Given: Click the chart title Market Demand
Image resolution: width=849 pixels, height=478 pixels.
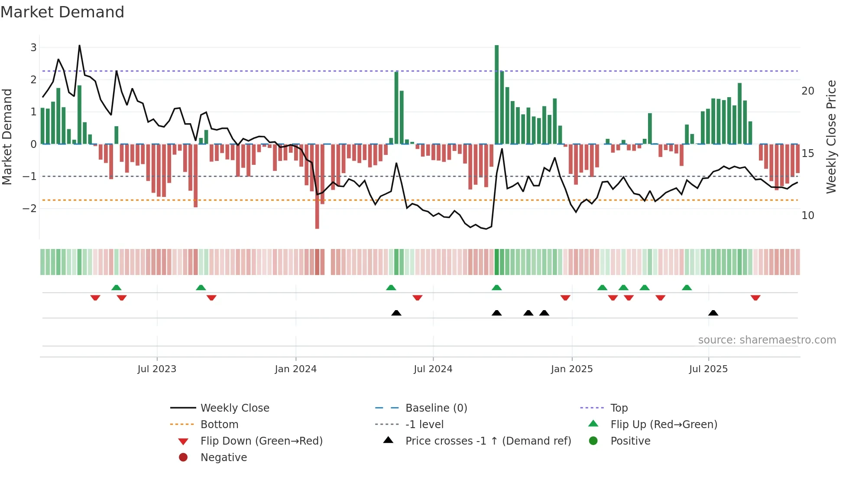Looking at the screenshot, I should pos(62,12).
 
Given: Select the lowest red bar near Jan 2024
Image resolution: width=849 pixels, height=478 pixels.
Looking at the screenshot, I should pos(317,187).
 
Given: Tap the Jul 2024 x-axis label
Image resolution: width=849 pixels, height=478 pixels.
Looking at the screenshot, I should pos(433,369).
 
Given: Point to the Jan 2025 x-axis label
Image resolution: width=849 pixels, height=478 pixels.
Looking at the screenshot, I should pos(572,369).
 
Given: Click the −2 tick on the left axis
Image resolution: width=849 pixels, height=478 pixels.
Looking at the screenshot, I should pos(30,209).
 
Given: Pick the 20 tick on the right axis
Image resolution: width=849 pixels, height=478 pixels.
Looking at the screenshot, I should pos(808,91).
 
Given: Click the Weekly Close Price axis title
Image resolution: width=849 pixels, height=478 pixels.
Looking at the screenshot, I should pos(831,137).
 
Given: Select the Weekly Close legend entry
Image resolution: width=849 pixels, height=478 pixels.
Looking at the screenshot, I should pos(234,408).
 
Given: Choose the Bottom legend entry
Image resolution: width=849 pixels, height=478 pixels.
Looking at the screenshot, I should pos(219,425).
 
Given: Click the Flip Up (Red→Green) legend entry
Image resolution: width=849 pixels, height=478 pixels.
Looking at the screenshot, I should pos(664,425).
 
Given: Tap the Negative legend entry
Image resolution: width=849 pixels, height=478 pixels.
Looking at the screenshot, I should pos(224,458).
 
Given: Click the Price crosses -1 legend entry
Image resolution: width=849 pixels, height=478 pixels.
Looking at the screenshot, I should pos(488,441).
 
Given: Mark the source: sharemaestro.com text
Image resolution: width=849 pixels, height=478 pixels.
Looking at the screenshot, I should pos(767,340).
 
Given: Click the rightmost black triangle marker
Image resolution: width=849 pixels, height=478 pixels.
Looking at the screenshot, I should pos(713,313).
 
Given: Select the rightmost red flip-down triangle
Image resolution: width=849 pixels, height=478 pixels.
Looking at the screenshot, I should pos(755,298).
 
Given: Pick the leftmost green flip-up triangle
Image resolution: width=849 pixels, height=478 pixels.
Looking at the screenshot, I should pos(116,288).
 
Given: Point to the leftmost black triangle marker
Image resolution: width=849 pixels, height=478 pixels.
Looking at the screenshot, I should pos(396,313).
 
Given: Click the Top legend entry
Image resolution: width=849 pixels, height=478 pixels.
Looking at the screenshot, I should pos(619,408).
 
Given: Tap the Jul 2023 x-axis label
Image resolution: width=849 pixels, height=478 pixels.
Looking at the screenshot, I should pos(157,369).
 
